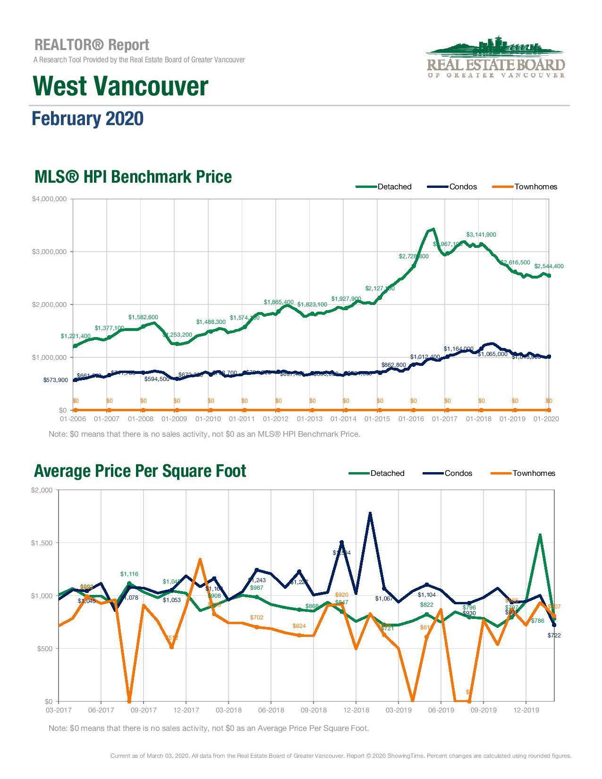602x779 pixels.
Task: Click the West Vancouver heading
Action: (120, 86)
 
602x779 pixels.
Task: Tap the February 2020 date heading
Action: (87, 119)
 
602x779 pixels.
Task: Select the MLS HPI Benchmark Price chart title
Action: (133, 177)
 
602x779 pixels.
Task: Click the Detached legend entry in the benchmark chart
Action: (394, 186)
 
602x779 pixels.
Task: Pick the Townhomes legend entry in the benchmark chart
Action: (535, 186)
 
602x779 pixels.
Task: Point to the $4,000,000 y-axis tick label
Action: (49, 199)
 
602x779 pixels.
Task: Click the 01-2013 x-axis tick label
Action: (309, 419)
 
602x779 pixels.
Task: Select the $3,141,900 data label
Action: (481, 235)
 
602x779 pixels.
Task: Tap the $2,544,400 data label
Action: (549, 266)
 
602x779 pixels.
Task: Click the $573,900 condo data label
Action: (55, 380)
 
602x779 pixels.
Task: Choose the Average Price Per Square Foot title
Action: (140, 471)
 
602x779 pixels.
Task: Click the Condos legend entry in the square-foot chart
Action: (458, 473)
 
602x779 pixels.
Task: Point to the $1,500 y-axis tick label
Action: (42, 543)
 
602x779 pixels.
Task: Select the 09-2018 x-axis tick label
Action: (314, 710)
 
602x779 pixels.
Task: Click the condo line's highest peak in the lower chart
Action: (370, 514)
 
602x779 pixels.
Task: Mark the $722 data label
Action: (554, 635)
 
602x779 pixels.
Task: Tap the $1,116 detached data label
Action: (129, 574)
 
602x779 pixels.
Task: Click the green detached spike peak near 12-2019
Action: (540, 535)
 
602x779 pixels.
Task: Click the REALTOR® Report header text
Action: (92, 45)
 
